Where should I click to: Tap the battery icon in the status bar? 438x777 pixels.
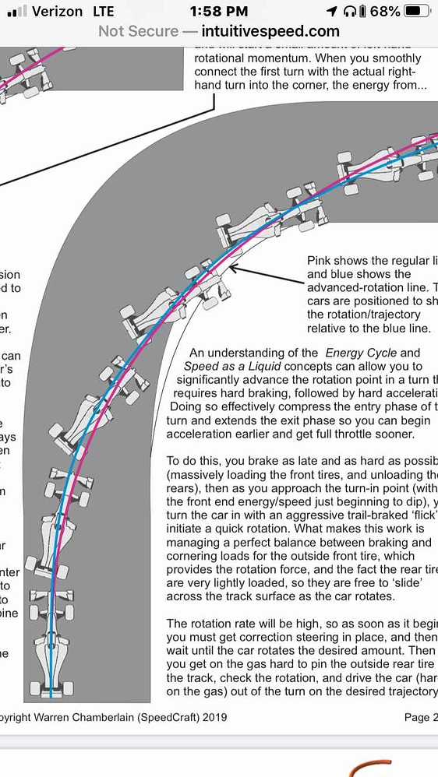coord(417,12)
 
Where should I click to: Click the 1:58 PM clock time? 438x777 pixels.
coord(218,12)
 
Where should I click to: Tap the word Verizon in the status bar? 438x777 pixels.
coord(58,12)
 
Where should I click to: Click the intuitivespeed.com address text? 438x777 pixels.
coord(270,32)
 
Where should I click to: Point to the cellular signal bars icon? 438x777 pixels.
coord(16,12)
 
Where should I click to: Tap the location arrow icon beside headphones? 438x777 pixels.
coord(332,12)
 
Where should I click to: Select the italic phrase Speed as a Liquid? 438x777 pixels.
coord(235,366)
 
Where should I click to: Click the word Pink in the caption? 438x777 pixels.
coord(322,261)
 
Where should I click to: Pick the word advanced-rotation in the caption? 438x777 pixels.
coord(356,287)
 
